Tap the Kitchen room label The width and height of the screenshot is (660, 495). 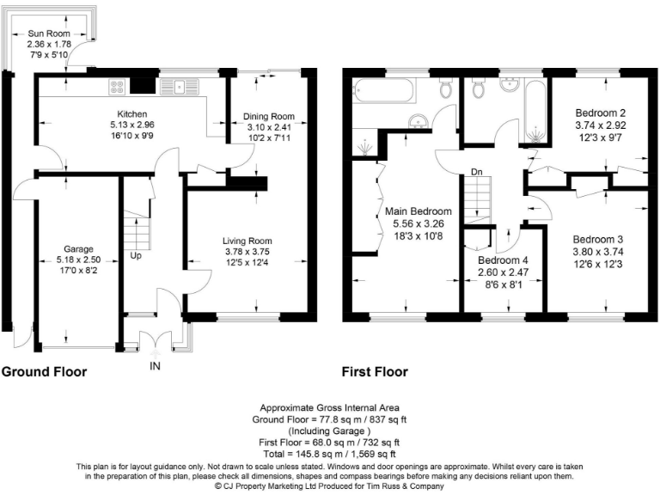(133, 114)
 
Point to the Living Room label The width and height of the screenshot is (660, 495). (247, 241)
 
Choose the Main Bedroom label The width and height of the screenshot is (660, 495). (419, 211)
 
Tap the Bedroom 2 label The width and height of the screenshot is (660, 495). (599, 112)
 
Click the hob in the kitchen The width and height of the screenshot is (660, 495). (117, 85)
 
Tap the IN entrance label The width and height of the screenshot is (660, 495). (156, 365)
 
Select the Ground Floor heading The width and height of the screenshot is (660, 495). (44, 372)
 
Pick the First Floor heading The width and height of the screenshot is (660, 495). (375, 372)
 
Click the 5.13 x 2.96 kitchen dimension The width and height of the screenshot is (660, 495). (133, 125)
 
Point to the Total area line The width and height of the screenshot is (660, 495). (330, 452)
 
